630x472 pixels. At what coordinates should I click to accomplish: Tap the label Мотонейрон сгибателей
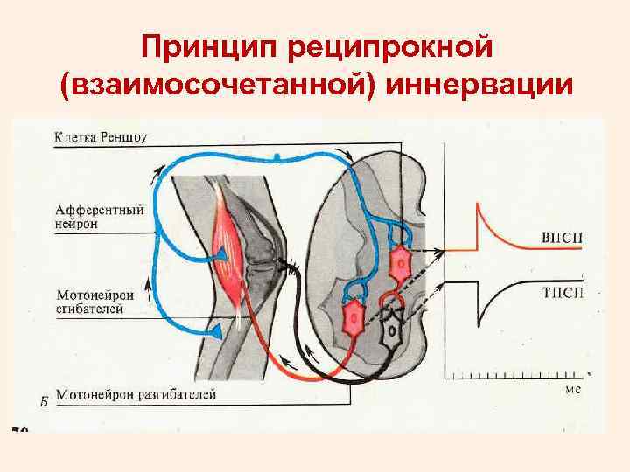[x=94, y=302]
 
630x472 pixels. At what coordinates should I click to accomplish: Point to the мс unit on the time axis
[x=573, y=390]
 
